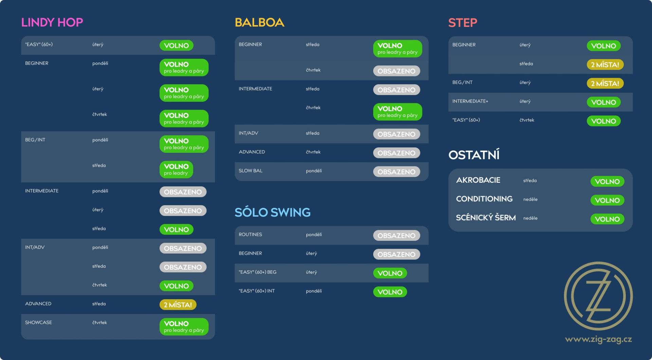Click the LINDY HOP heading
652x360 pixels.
click(x=52, y=22)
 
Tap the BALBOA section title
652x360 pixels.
click(x=259, y=22)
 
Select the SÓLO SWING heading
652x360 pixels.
click(x=272, y=212)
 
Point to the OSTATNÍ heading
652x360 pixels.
click(x=474, y=155)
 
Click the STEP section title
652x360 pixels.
click(x=463, y=23)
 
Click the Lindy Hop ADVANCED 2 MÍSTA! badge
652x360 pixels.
click(x=178, y=305)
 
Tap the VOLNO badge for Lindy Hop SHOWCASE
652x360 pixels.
click(x=184, y=327)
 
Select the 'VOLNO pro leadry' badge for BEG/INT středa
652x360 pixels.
click(x=176, y=169)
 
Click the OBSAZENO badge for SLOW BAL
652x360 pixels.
click(x=397, y=172)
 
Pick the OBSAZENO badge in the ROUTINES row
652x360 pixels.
click(x=397, y=236)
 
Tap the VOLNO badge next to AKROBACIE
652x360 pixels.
click(x=607, y=181)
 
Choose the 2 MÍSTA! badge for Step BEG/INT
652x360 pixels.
click(x=605, y=83)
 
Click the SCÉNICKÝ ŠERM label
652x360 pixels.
click(x=486, y=218)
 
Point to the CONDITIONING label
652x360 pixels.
click(x=484, y=199)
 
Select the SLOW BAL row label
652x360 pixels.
click(x=251, y=170)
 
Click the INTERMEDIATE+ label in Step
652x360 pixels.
click(x=470, y=101)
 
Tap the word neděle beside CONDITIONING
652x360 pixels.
click(x=530, y=199)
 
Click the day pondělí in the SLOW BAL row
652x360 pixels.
click(x=314, y=171)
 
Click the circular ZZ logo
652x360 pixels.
click(x=598, y=296)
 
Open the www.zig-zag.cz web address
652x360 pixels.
click(x=598, y=339)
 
